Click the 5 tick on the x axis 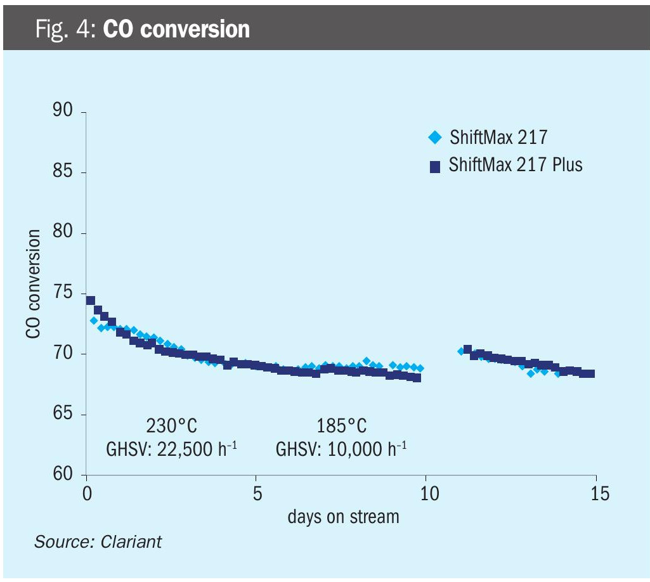tap(257, 493)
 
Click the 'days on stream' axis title tap(343, 517)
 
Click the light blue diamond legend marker tap(434, 136)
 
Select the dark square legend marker tap(434, 166)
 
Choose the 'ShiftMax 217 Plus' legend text tap(516, 165)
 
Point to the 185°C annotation tap(341, 425)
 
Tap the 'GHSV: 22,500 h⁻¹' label tap(172, 449)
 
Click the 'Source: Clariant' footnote tap(98, 542)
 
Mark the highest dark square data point tap(91, 301)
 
